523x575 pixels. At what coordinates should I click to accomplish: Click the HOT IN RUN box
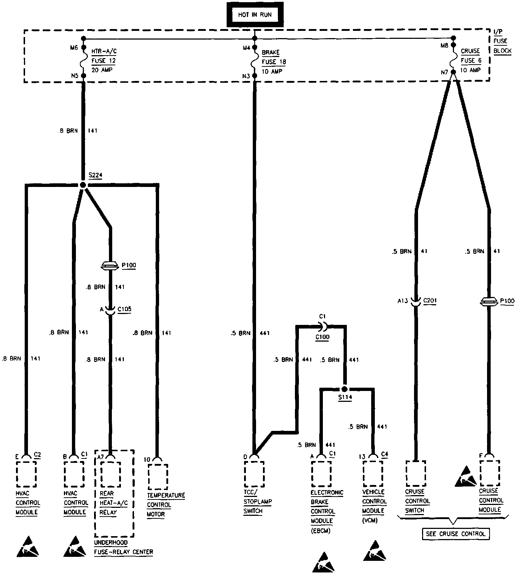click(255, 15)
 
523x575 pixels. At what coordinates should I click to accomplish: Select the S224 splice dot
click(83, 185)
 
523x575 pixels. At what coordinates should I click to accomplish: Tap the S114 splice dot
click(345, 389)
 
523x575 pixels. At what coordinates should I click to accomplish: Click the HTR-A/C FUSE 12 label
click(104, 61)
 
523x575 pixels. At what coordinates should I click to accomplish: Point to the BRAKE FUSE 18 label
click(273, 62)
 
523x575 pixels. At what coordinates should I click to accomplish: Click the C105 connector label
click(124, 309)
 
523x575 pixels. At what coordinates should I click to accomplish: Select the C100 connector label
click(322, 337)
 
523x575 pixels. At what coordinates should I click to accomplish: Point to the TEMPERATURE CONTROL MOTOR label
click(166, 505)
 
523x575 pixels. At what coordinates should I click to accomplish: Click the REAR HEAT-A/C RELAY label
click(108, 503)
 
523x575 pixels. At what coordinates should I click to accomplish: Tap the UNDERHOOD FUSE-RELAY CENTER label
click(123, 547)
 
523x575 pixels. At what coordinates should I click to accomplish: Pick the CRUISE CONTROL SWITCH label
click(417, 501)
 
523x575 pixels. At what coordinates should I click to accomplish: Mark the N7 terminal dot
click(453, 72)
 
